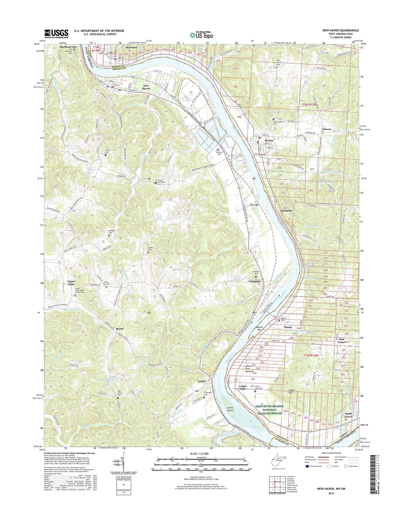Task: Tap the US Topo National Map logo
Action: (x=201, y=35)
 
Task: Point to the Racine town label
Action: (x=269, y=140)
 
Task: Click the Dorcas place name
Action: (x=326, y=129)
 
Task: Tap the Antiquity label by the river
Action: (x=286, y=211)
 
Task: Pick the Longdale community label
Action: (x=254, y=281)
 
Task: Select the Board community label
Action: (x=120, y=329)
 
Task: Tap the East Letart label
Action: (x=342, y=341)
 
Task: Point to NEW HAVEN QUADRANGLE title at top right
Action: (x=340, y=30)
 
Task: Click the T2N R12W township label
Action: (x=310, y=105)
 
